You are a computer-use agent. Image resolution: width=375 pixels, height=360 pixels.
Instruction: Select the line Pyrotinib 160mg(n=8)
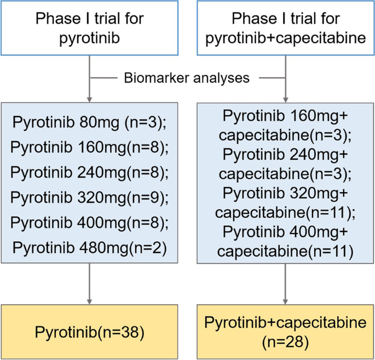(90, 148)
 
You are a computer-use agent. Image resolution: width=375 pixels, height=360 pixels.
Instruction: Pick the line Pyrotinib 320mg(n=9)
(90, 198)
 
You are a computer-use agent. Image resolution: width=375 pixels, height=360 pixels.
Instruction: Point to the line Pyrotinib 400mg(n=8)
(90, 222)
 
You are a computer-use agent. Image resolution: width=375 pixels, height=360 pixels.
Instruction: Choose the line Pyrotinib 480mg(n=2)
(90, 247)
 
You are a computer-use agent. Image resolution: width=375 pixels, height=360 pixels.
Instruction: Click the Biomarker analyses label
(187, 78)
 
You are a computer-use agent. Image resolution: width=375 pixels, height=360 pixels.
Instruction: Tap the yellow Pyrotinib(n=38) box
(90, 331)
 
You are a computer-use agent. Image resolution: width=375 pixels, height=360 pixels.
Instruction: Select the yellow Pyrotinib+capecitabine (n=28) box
(285, 331)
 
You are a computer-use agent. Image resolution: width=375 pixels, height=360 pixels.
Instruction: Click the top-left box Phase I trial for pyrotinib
(90, 27)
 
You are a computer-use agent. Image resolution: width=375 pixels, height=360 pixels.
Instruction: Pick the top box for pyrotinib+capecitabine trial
(285, 27)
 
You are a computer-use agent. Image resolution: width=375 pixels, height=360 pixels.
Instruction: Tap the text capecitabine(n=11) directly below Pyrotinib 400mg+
(285, 252)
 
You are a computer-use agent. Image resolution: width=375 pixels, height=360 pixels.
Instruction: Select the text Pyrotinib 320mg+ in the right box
(285, 193)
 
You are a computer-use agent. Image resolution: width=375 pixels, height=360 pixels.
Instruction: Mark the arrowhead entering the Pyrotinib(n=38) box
(90, 300)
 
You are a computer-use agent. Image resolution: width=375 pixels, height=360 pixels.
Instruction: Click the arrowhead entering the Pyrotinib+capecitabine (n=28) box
(285, 300)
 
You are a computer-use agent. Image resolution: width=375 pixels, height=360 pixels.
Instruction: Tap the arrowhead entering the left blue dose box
(90, 98)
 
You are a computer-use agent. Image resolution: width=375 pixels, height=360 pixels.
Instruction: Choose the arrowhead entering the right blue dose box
(285, 98)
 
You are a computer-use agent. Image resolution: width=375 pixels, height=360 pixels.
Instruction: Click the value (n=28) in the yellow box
(285, 342)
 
